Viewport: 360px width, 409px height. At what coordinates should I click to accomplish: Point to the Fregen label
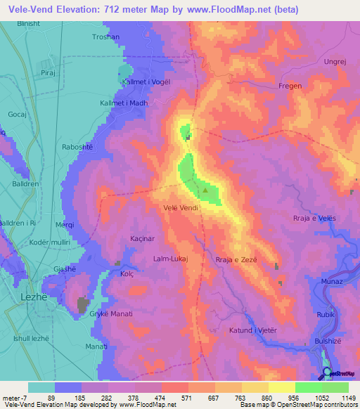pyautogui.click(x=290, y=86)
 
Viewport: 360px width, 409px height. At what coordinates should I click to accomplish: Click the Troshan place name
pyautogui.click(x=106, y=37)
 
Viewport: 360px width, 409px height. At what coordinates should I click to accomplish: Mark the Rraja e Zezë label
pyautogui.click(x=237, y=259)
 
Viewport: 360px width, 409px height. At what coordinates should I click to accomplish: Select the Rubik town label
pyautogui.click(x=325, y=315)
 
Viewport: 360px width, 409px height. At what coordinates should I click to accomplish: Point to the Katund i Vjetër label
pyautogui.click(x=254, y=330)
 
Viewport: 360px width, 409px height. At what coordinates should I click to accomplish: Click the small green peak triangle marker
pyautogui.click(x=205, y=190)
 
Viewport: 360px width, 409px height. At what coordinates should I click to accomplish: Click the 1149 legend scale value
pyautogui.click(x=348, y=398)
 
